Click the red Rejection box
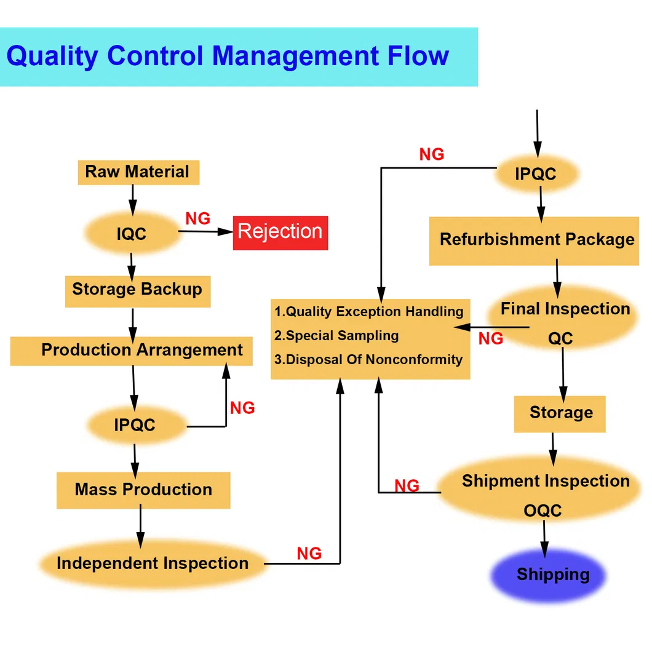(280, 233)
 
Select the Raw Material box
(138, 172)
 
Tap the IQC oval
(132, 234)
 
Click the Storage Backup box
(137, 290)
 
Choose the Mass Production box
(143, 490)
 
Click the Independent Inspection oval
(153, 563)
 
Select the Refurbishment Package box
(534, 240)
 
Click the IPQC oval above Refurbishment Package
(536, 174)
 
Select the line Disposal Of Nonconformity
(368, 360)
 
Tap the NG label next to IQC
(197, 218)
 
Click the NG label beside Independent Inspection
(309, 554)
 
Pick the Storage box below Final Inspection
(560, 413)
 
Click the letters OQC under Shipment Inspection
(543, 511)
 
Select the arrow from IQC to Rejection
(206, 232)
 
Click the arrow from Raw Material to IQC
(133, 197)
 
